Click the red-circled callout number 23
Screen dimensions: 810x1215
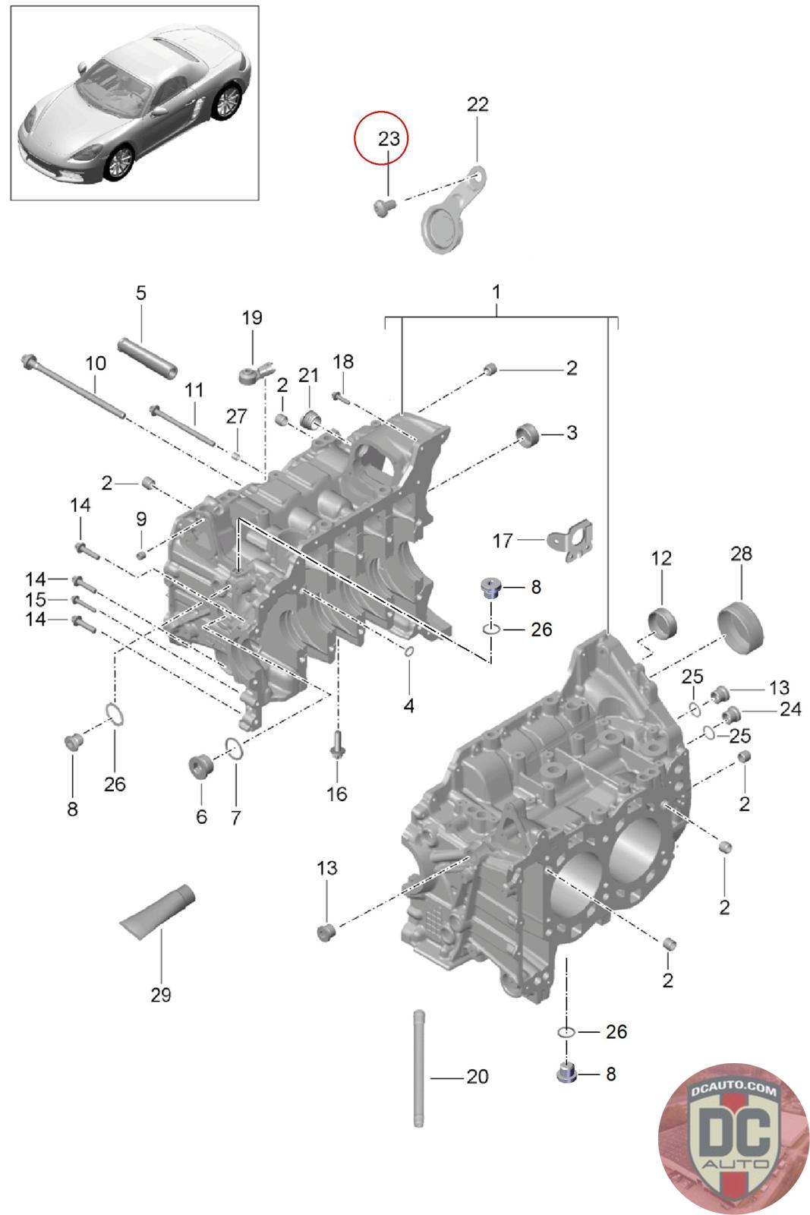point(388,139)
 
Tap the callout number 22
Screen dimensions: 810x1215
point(477,104)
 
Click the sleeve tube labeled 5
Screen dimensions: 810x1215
point(148,358)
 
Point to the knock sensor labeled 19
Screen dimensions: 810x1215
point(254,372)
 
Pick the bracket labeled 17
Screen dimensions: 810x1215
point(570,540)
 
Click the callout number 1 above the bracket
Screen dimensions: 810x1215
point(496,292)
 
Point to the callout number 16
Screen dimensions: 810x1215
point(336,794)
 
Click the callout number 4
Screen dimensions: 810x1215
point(408,705)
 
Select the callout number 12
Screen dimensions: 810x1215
point(661,558)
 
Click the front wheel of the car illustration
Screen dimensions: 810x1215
point(120,163)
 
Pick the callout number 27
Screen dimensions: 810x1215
point(236,417)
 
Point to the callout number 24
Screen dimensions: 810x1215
point(790,708)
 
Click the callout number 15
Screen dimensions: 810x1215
point(35,599)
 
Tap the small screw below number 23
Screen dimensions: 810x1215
point(385,207)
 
